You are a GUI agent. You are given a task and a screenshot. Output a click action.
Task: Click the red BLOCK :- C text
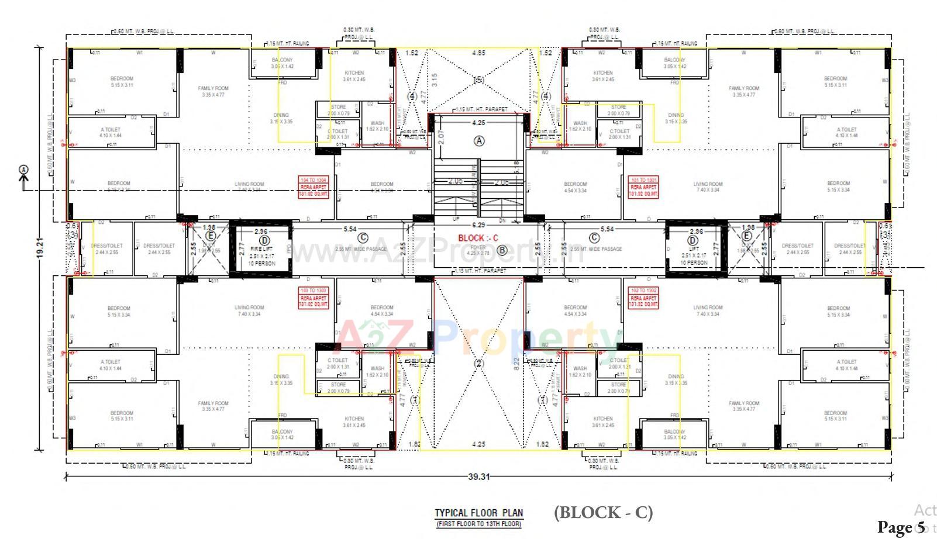point(478,238)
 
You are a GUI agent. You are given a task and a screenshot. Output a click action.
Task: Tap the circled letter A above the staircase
point(479,141)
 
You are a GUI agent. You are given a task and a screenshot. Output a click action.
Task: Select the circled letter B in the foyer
point(502,251)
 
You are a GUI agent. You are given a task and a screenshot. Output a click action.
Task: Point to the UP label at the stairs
point(456,219)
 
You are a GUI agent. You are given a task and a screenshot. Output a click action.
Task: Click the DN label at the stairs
point(502,220)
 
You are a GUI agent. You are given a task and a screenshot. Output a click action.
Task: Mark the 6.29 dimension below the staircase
point(478,225)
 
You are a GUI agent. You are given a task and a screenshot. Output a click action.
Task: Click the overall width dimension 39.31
point(478,476)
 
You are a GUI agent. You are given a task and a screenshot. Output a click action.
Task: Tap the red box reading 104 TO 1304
point(314,186)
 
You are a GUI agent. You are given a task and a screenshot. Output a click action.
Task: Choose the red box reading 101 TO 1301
point(643,186)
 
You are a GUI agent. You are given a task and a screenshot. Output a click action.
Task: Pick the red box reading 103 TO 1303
point(314,298)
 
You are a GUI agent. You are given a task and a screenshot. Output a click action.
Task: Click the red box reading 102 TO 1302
point(643,298)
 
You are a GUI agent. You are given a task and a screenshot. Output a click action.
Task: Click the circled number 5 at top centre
point(478,80)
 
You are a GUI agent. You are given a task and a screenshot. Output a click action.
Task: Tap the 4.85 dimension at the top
point(478,53)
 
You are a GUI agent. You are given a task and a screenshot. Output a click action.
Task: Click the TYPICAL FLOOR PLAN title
point(478,513)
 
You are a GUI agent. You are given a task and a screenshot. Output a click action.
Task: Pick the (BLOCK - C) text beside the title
point(603,512)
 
